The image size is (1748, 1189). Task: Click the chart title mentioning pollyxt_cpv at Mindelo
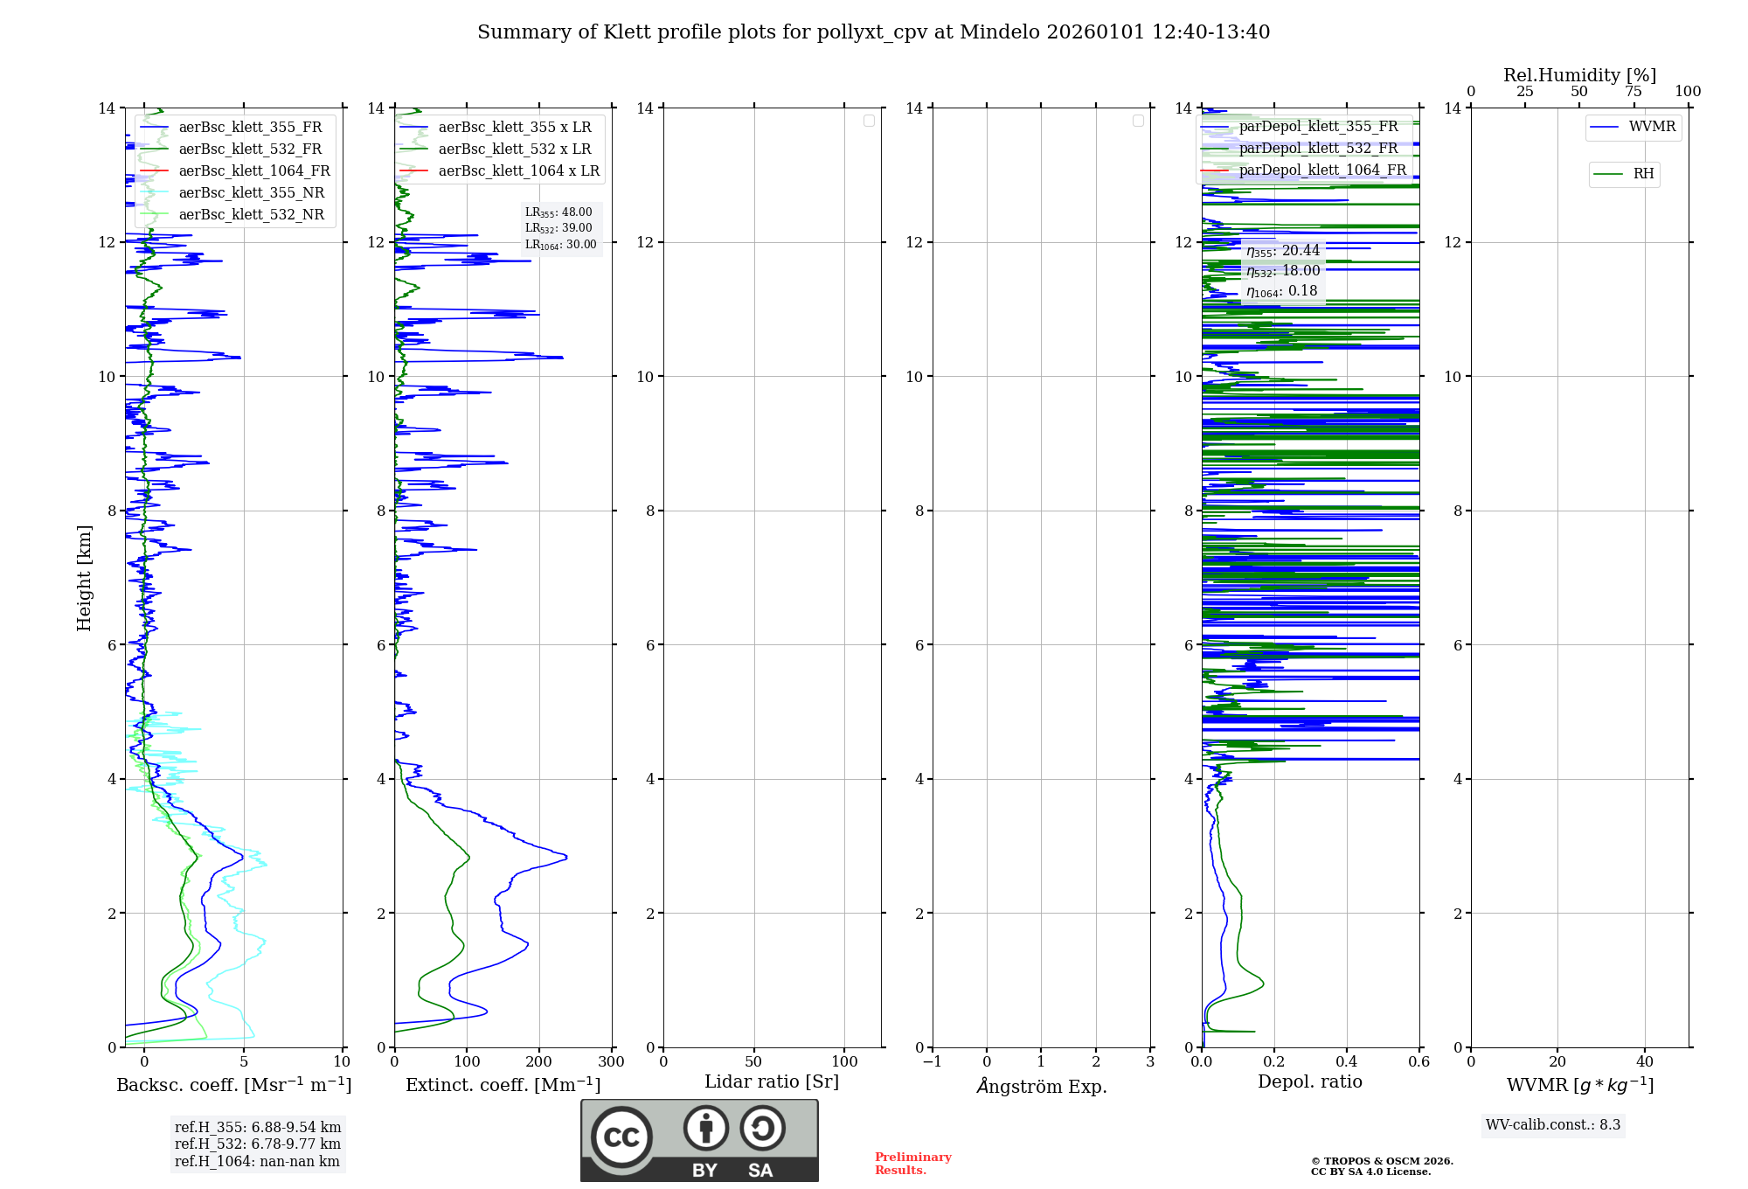coord(873,32)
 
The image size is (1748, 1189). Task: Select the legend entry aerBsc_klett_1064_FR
coord(253,171)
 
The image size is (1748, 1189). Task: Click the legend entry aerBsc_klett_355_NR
coord(251,193)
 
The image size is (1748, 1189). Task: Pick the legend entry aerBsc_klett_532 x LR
coord(514,149)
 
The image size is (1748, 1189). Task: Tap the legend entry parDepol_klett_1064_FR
coord(1321,170)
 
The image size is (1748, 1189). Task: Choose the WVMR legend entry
coord(1651,127)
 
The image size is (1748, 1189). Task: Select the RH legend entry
coord(1642,174)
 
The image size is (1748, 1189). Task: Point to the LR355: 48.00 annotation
coord(558,212)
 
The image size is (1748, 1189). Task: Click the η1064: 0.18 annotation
coord(1281,291)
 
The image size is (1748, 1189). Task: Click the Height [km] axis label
coord(84,577)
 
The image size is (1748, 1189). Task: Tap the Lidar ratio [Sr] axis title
coord(772,1082)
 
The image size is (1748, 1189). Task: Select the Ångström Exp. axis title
coord(1041,1087)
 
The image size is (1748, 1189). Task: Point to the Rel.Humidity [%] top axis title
coord(1579,75)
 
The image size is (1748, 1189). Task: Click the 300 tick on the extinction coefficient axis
coord(612,1062)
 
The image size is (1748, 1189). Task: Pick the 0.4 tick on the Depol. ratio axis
coord(1347,1062)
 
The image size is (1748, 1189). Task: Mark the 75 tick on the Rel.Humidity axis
coord(1634,92)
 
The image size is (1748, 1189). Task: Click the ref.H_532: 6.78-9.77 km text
coord(258,1144)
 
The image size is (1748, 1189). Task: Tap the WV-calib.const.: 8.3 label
coord(1552,1125)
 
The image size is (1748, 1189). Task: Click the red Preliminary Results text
coord(912,1164)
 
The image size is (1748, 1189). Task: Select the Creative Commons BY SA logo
coord(699,1141)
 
